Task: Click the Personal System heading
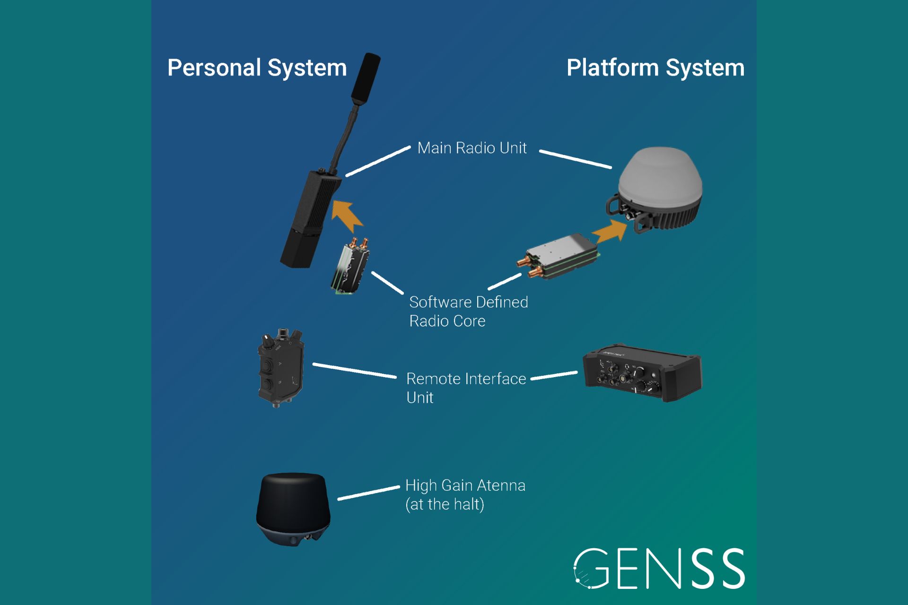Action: coord(257,68)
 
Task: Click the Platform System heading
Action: coord(655,68)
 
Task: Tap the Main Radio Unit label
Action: coord(471,148)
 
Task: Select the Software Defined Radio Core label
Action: coord(468,311)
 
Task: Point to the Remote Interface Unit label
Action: coord(466,388)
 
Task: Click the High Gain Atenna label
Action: coord(465,494)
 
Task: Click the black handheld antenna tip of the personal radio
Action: coord(365,78)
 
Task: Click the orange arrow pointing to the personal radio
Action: coord(347,215)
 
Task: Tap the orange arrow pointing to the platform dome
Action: coord(611,232)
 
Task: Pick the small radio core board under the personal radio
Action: coord(350,268)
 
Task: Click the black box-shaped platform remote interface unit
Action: coord(642,373)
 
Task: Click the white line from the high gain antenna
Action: coord(368,493)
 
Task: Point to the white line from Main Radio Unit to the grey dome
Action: coord(575,159)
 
